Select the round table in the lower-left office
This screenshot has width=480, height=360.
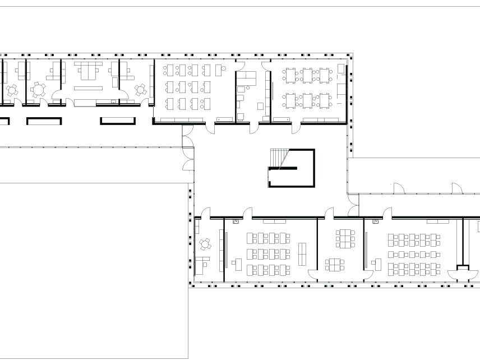coord(206,244)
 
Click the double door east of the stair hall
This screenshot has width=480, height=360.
coord(353,211)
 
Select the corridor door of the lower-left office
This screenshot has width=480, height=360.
coord(206,213)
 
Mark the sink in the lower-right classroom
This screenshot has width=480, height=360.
coord(375,222)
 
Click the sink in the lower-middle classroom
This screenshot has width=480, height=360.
coord(236,222)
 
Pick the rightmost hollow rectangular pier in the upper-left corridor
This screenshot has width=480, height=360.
coord(118,121)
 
